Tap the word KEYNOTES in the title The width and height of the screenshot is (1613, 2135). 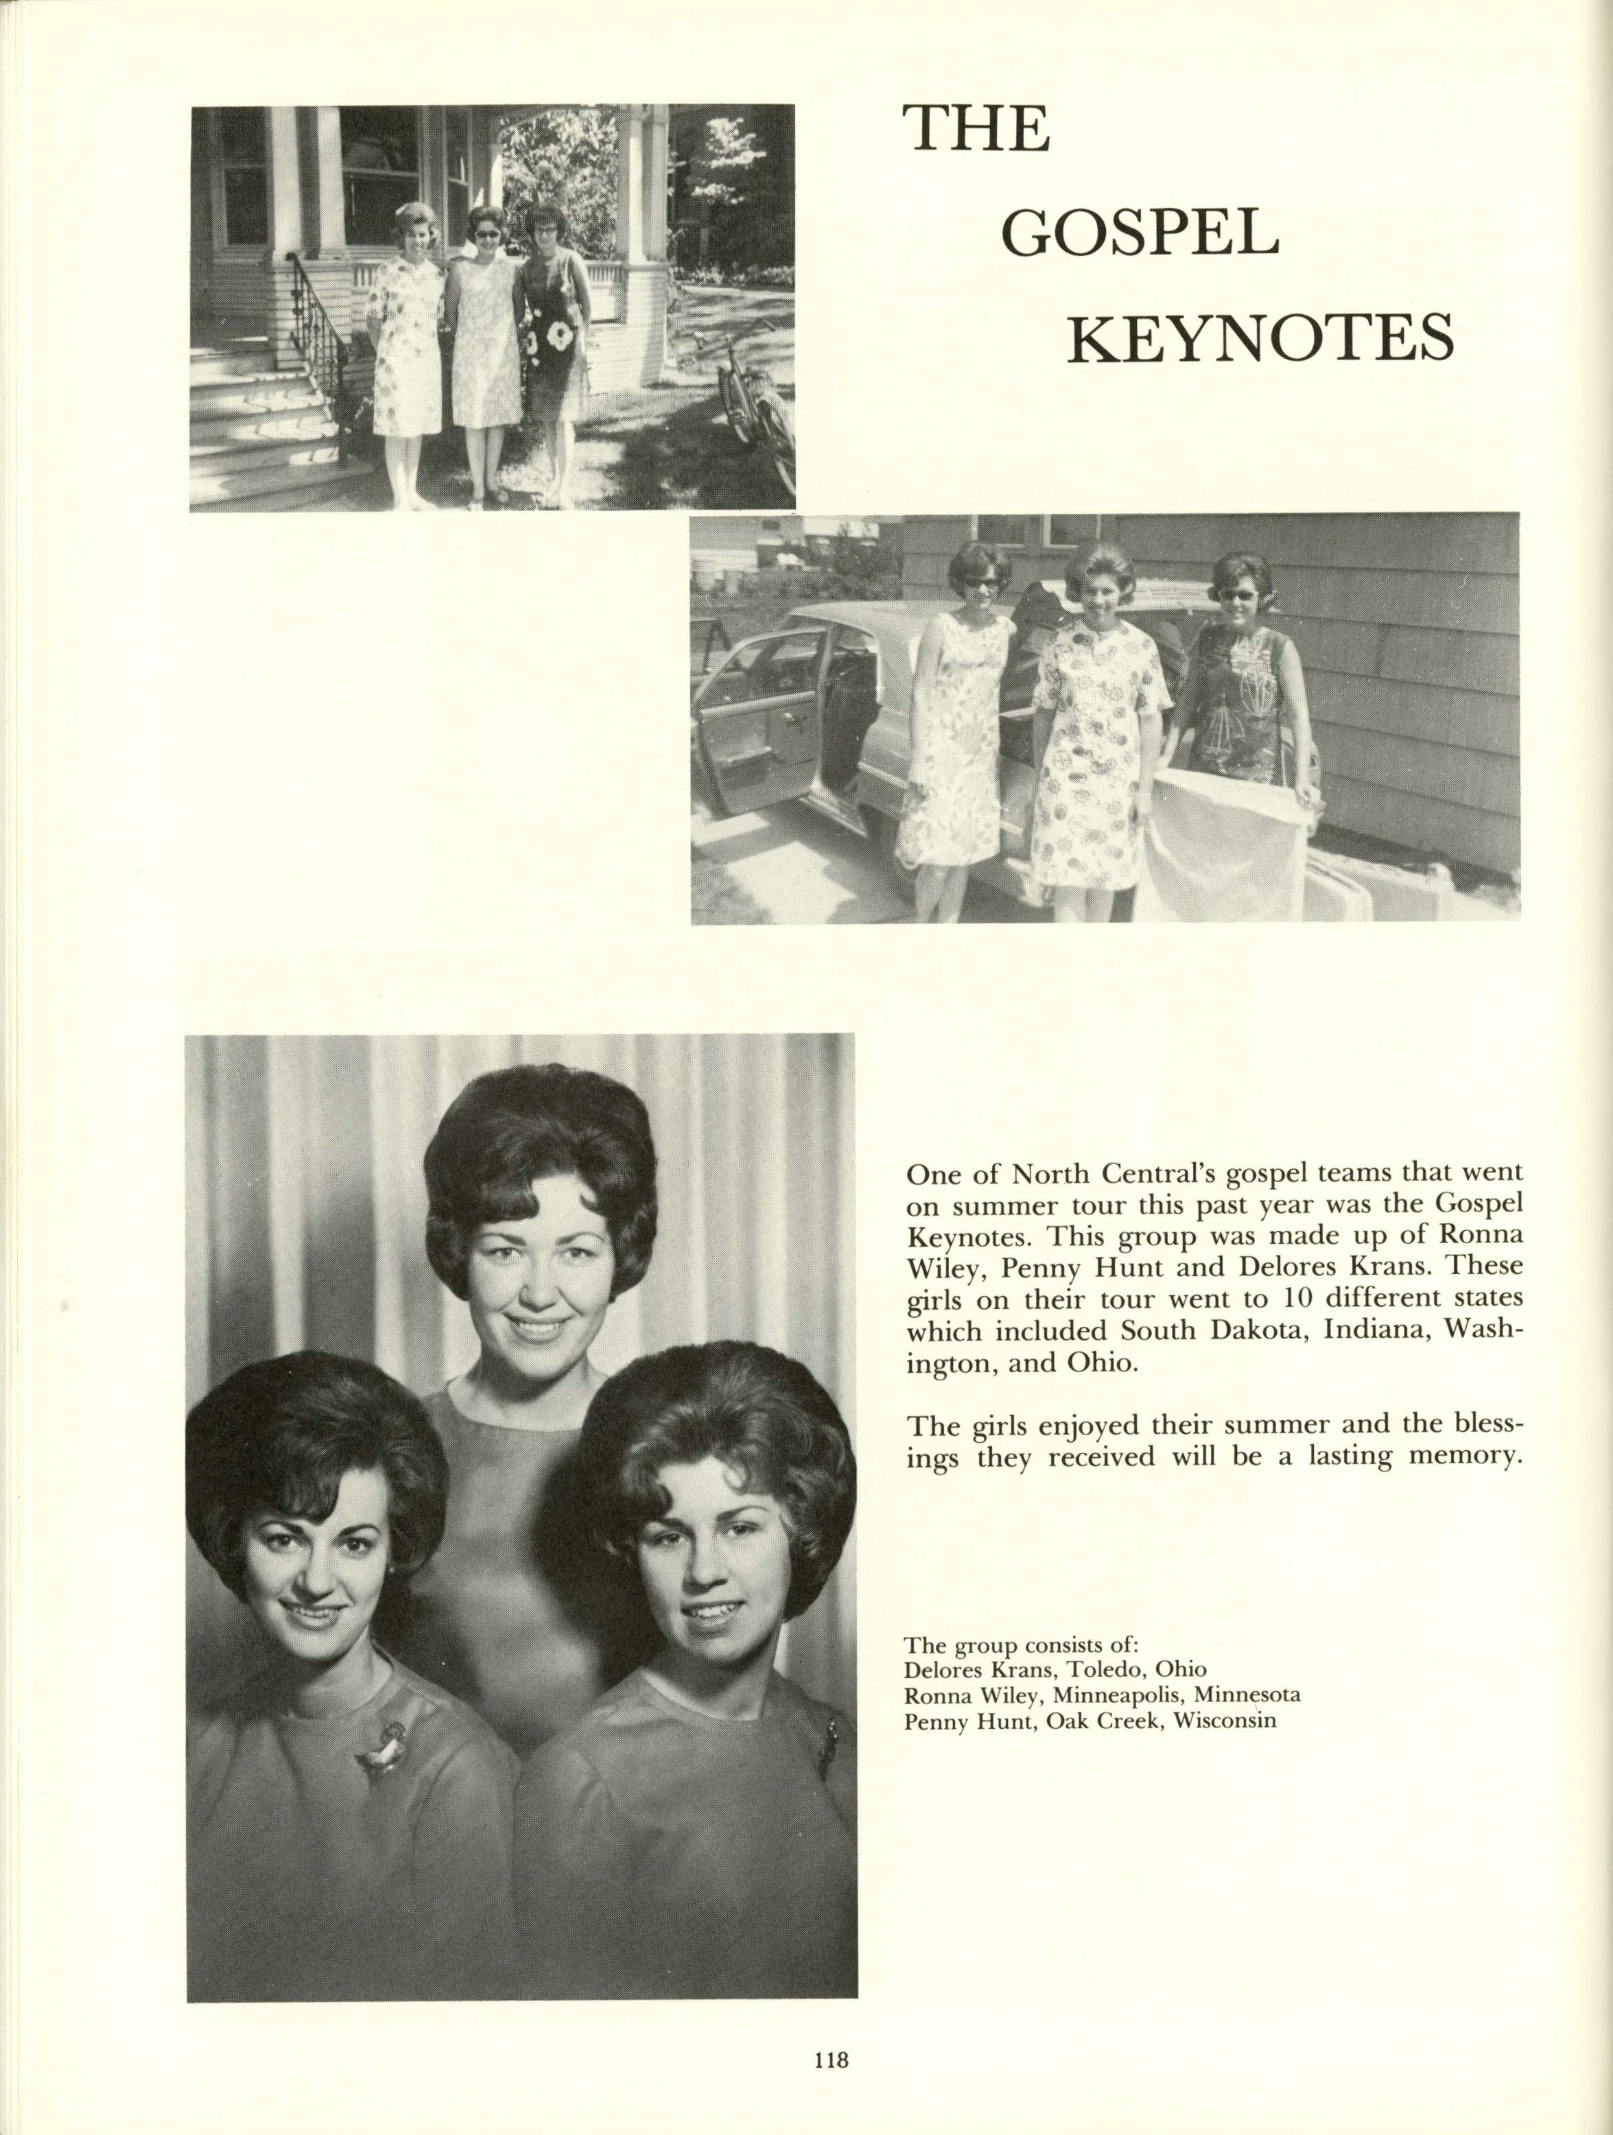pos(1259,339)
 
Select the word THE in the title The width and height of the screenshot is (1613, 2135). pos(976,130)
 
